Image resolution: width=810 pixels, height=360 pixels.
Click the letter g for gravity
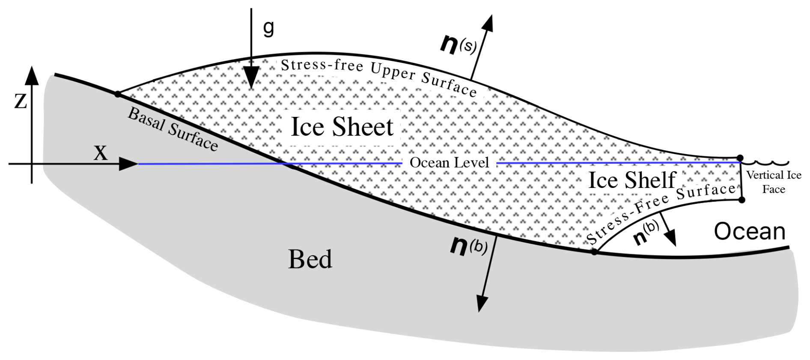tap(268, 28)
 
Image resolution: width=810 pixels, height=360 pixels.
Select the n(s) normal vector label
tap(457, 44)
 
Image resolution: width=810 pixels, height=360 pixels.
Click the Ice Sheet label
tap(342, 127)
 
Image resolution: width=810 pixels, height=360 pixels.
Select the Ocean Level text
tap(449, 163)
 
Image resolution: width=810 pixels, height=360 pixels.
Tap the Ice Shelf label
tap(632, 180)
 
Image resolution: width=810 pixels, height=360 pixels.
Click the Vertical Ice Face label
tap(773, 182)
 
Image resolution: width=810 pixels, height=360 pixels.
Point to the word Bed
tap(310, 259)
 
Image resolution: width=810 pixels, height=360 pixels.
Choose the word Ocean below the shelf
tap(749, 232)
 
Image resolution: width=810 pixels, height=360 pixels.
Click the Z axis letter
tap(21, 101)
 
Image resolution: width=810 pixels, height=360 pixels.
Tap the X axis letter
tap(101, 153)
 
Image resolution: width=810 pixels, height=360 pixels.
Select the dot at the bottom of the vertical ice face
tap(742, 199)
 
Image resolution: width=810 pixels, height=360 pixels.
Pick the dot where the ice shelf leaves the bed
tap(594, 252)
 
